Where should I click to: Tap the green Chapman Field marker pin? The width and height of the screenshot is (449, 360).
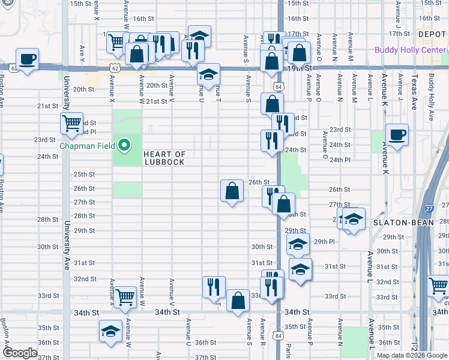coord(124,145)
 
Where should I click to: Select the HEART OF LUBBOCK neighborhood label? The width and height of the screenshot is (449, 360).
coord(164,158)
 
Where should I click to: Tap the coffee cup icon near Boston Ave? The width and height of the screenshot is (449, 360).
coord(28,59)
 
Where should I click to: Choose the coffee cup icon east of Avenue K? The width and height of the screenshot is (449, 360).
coord(396,134)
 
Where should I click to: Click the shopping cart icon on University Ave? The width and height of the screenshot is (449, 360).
coord(71,124)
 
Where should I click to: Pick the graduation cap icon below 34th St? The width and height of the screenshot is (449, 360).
coord(110,331)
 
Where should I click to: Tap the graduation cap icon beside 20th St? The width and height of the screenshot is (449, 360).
coord(208,75)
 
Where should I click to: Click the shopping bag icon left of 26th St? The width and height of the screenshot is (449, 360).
coord(232,191)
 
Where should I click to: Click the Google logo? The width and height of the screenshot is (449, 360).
coord(20,353)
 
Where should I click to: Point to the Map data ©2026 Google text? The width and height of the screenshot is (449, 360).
coord(412,355)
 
